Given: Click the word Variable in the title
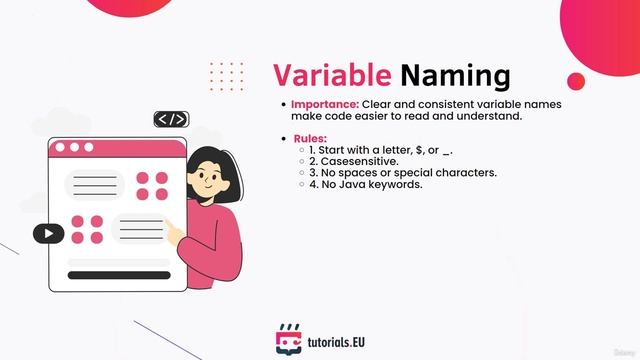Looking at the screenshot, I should [331, 76].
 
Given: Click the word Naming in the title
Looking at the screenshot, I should [455, 76].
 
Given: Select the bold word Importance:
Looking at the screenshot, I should [324, 104].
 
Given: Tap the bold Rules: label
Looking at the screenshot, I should [310, 138].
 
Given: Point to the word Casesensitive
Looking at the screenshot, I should [370, 161].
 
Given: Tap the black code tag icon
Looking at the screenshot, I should [172, 119].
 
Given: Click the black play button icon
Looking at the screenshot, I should [47, 234].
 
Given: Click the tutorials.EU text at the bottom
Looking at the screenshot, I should [336, 342].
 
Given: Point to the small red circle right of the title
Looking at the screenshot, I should [576, 81].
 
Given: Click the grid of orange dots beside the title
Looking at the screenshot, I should [226, 76].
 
